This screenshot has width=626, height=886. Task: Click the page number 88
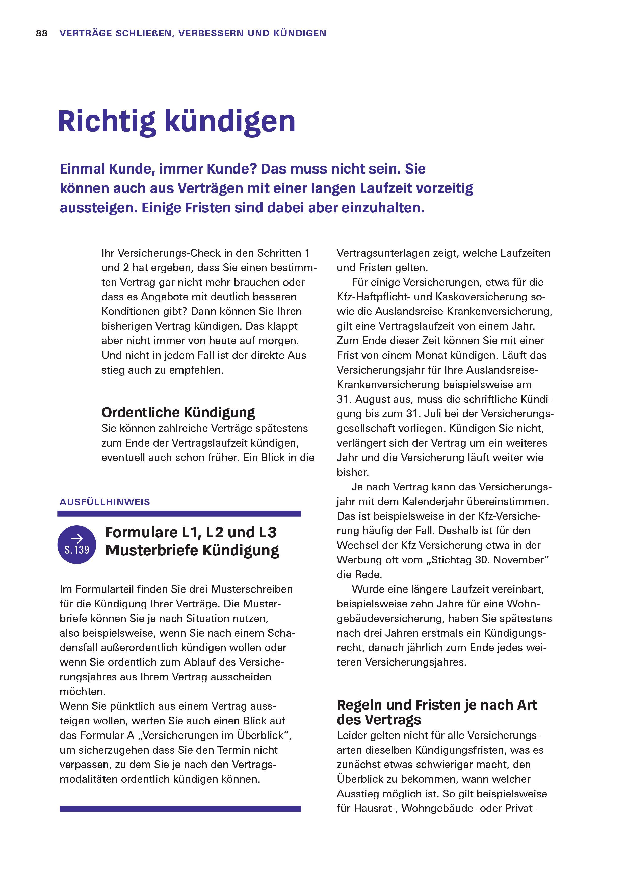(x=42, y=34)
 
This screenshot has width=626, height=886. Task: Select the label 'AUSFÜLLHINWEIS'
(x=105, y=502)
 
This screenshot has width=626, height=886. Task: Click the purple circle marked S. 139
(x=77, y=545)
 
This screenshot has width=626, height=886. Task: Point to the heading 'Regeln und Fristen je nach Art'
(x=437, y=705)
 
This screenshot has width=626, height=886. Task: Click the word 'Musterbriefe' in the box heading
(x=152, y=551)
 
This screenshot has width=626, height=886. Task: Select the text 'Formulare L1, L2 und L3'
(x=191, y=532)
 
